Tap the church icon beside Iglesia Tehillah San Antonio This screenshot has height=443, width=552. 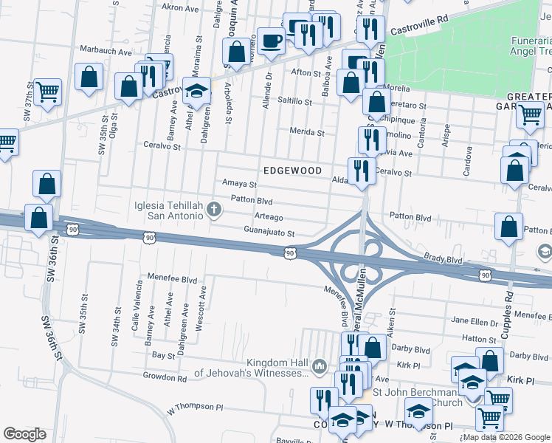coord(214,210)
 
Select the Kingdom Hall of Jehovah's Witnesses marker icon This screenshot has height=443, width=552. coord(320,365)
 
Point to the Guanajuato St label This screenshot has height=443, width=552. coord(269,233)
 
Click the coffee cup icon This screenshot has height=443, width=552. coord(270,41)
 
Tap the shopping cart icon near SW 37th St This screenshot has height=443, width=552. coord(47,92)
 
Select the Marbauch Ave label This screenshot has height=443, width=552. coord(104,52)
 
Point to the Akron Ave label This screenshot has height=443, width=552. coord(182,9)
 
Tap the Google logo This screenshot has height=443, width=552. coord(25,433)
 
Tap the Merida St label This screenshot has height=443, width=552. coord(311,133)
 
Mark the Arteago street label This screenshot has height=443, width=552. coord(269,217)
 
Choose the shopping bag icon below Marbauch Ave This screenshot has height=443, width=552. coord(89,78)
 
